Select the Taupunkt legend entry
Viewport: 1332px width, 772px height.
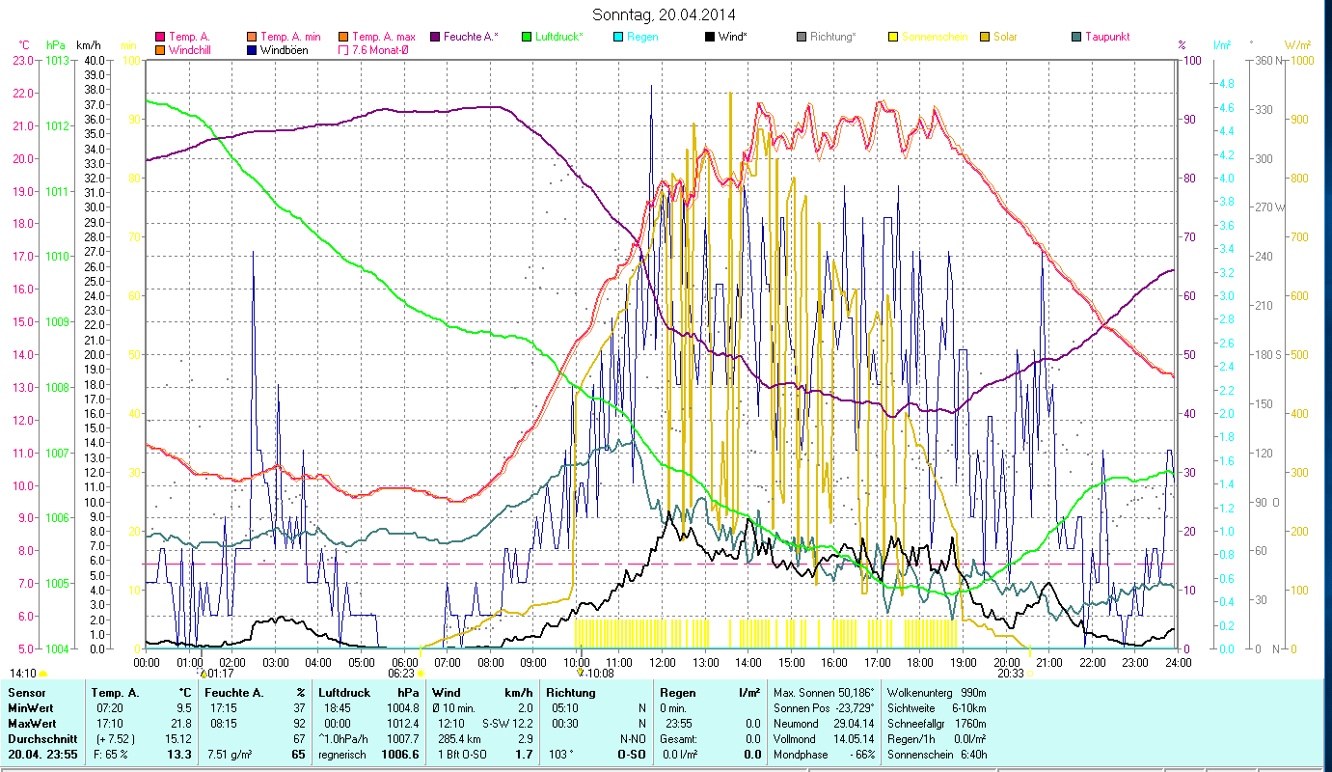(x=1106, y=37)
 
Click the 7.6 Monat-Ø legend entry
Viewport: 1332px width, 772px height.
(x=379, y=49)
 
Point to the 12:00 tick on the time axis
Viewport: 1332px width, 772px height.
(x=663, y=662)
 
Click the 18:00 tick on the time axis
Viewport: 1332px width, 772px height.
(x=920, y=662)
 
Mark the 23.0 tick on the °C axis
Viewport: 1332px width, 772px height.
(x=23, y=60)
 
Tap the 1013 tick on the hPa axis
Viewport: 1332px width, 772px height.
(x=58, y=60)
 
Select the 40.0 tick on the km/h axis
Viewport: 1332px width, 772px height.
(x=95, y=60)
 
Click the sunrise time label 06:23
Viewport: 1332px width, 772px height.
(x=401, y=674)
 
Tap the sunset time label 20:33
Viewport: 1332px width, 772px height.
(x=1011, y=674)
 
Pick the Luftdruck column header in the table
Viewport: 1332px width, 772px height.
(x=346, y=693)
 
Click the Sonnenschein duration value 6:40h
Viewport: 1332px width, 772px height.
(x=969, y=755)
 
